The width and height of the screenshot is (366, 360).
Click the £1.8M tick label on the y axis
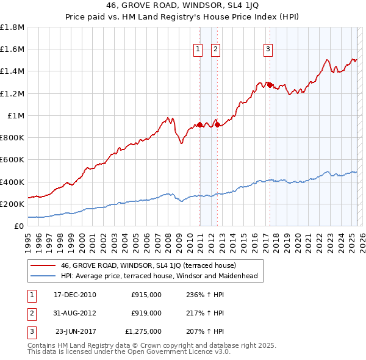coord(12,27)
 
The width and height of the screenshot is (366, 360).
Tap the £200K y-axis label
coord(12,204)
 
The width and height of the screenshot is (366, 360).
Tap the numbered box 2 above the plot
coord(216,50)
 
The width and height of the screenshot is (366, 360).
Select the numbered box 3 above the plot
coord(268,50)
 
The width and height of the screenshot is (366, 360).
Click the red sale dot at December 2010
coord(199,125)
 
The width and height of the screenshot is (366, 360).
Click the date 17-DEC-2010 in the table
coord(75,295)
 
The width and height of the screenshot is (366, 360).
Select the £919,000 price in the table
coord(146,313)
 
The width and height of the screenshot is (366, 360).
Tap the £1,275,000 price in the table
coord(143,331)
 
